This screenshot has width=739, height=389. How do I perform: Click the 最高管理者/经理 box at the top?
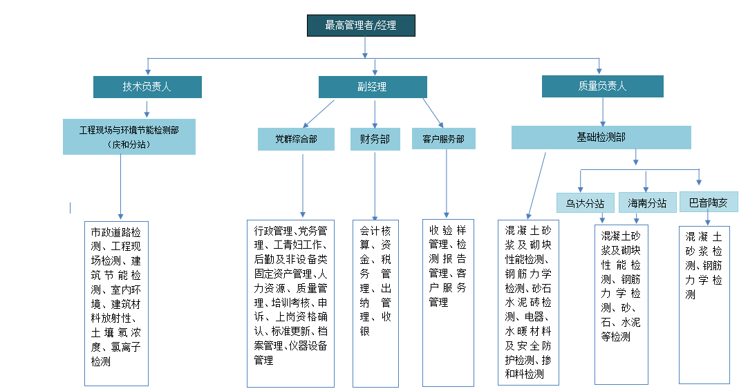click(x=361, y=26)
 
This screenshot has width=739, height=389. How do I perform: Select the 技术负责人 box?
click(x=147, y=86)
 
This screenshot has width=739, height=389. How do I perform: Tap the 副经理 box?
click(x=372, y=86)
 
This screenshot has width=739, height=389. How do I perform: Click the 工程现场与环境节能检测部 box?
click(x=129, y=136)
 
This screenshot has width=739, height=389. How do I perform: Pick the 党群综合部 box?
click(x=297, y=139)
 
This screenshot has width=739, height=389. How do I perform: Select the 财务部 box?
click(x=375, y=139)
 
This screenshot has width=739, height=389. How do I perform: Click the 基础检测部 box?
click(x=601, y=137)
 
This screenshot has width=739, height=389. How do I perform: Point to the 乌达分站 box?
click(x=585, y=203)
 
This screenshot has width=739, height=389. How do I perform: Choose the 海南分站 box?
click(x=647, y=203)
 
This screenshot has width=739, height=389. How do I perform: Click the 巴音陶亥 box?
click(x=709, y=202)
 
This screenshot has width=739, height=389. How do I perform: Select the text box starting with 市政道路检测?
click(x=116, y=303)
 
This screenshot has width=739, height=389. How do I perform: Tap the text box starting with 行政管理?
click(x=291, y=303)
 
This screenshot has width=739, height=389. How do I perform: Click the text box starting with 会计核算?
click(x=375, y=303)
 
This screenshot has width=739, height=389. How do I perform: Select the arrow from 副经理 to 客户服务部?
click(x=433, y=112)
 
